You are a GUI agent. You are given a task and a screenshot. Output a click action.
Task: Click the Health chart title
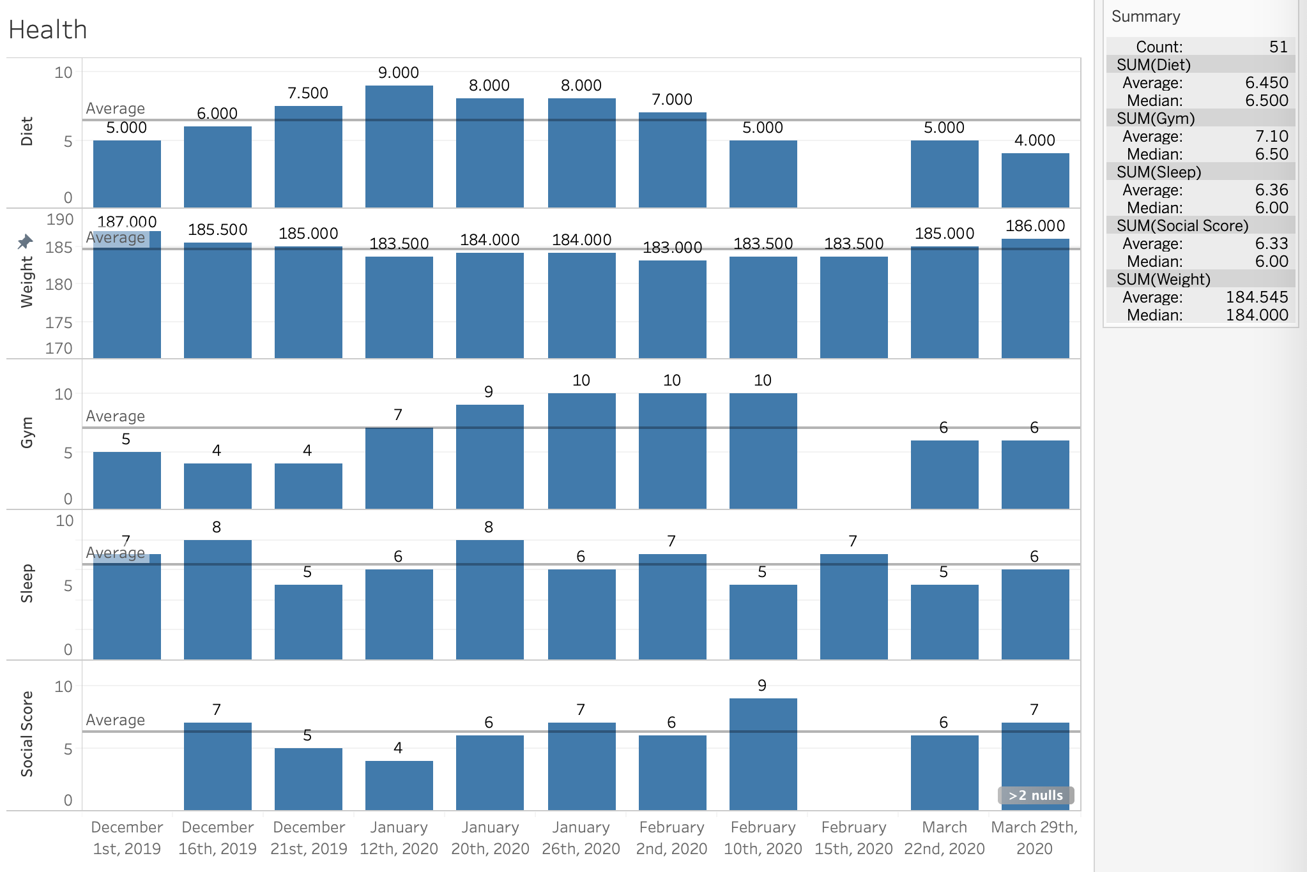tap(48, 30)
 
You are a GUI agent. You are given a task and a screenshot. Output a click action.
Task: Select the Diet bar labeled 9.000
tap(399, 147)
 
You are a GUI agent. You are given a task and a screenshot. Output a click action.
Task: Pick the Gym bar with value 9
tap(489, 456)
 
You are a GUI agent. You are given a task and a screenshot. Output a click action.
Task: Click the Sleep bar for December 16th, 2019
tap(217, 599)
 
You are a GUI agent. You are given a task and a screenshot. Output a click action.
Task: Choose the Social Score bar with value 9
tap(763, 754)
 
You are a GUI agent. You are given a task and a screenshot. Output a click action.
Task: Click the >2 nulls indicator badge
tap(1036, 795)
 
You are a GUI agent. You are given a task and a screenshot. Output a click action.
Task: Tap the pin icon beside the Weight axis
tap(25, 242)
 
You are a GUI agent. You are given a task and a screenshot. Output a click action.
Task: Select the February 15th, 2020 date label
tap(853, 838)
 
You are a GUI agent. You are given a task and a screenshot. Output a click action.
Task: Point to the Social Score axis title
tap(27, 733)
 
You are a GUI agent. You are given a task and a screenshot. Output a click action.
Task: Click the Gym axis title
tap(27, 432)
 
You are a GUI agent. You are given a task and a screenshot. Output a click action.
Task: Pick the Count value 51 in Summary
tap(1278, 47)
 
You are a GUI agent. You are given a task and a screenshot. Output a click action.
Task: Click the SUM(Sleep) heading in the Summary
tap(1159, 172)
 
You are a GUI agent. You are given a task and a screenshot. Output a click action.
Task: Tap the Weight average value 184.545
tap(1257, 297)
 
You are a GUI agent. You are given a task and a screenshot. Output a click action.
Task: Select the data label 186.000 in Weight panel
tap(1035, 226)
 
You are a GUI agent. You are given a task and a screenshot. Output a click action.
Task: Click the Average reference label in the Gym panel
tap(116, 416)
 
